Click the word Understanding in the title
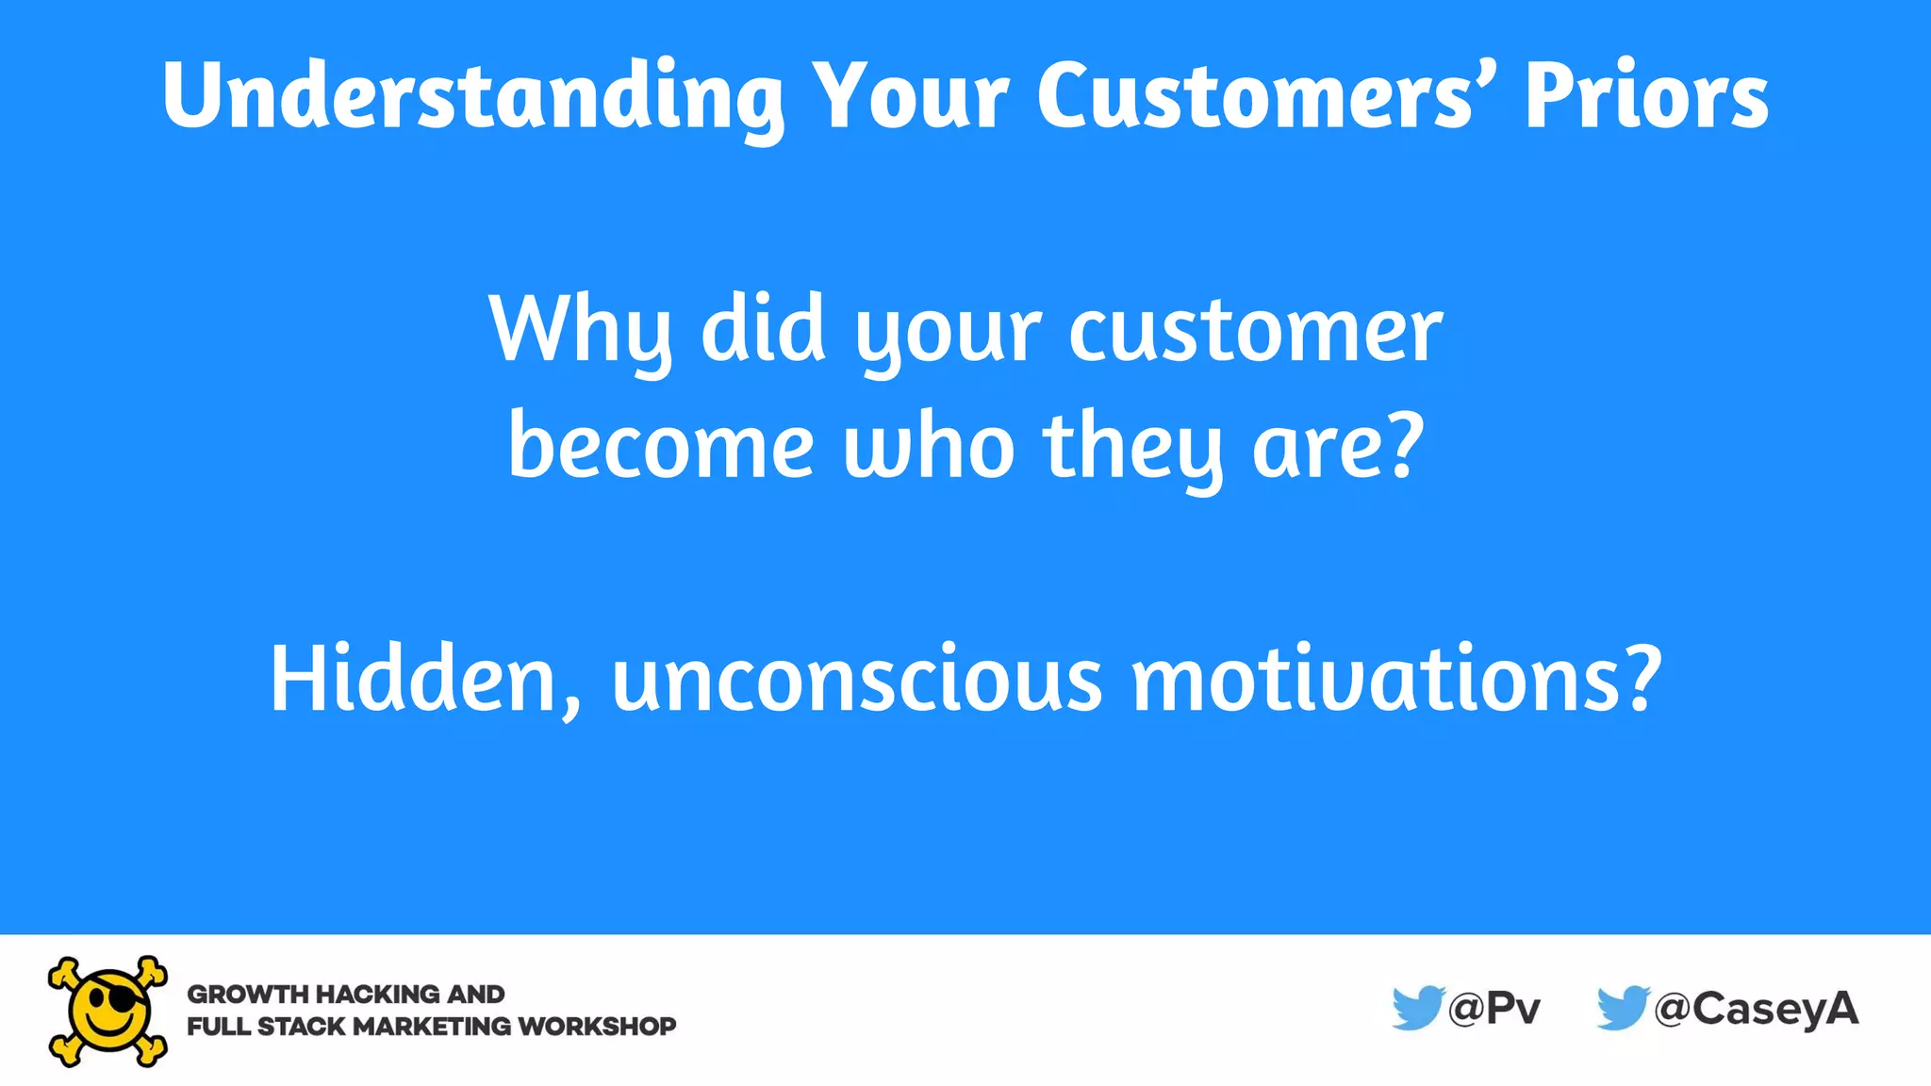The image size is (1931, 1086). [x=471, y=96]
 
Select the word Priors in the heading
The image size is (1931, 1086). [x=1646, y=96]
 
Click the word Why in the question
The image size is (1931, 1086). [x=580, y=330]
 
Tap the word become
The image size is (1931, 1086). [x=660, y=447]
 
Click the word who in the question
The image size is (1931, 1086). [x=929, y=447]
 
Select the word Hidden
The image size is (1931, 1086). [x=424, y=679]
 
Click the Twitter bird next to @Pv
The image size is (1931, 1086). [x=1417, y=1008]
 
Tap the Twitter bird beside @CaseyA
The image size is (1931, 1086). [x=1622, y=1008]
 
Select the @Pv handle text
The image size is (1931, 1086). [x=1494, y=1009]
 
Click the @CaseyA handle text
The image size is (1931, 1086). [x=1756, y=1009]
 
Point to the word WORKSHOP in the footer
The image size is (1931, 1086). [x=597, y=1027]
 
